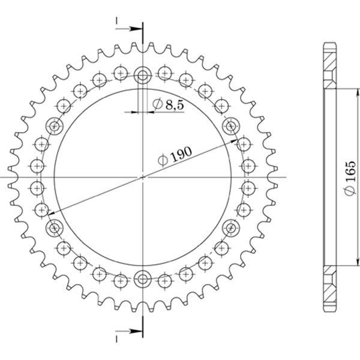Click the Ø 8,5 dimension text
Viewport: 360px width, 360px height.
click(x=168, y=105)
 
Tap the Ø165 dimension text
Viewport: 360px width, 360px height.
click(x=350, y=179)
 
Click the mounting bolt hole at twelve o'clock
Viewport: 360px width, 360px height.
click(x=143, y=76)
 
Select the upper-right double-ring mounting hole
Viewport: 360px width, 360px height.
click(x=230, y=126)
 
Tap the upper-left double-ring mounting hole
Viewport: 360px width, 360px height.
click(x=55, y=126)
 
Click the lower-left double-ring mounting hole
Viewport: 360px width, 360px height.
click(x=55, y=228)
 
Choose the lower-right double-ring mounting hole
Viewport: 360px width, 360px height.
click(x=230, y=228)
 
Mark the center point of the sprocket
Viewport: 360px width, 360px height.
click(x=143, y=177)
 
